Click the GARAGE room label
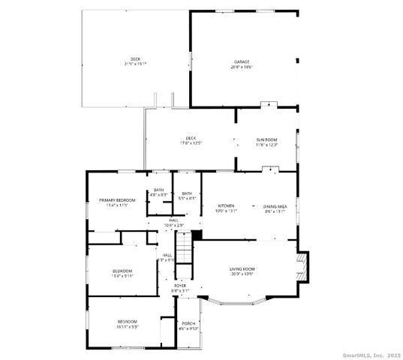[x=241, y=61]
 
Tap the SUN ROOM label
[x=266, y=139]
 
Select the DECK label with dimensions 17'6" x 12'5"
[x=191, y=138]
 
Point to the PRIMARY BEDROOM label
[x=117, y=200]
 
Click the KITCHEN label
[x=226, y=205]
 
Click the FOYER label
[x=180, y=285]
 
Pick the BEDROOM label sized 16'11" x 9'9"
[x=127, y=322]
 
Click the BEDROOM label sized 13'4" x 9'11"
[x=122, y=271]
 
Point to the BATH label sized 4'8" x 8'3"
[x=159, y=190]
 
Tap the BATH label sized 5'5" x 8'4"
[x=187, y=193]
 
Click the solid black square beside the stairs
[x=197, y=235]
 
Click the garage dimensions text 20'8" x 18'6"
[x=241, y=67]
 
